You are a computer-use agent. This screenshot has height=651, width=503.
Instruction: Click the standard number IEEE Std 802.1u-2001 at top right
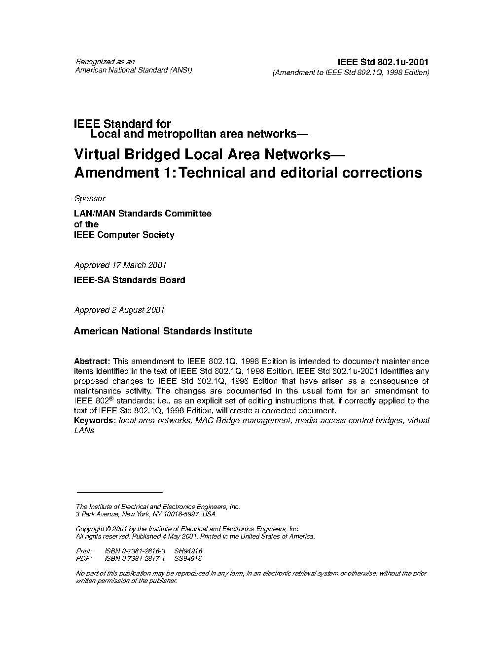click(x=383, y=62)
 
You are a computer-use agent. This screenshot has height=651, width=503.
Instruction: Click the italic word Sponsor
click(x=89, y=198)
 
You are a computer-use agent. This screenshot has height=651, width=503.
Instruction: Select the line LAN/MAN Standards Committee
click(x=143, y=214)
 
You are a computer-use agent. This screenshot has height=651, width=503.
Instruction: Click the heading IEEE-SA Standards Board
click(x=129, y=280)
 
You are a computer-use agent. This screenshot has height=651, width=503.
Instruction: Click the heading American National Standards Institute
click(x=163, y=331)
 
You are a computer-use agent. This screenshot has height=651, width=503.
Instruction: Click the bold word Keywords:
click(x=95, y=420)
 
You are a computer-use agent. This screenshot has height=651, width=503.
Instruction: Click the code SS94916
click(x=188, y=559)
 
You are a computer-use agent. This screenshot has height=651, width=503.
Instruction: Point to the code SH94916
click(x=188, y=551)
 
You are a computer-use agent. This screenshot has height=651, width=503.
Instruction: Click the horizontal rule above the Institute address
click(x=119, y=492)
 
